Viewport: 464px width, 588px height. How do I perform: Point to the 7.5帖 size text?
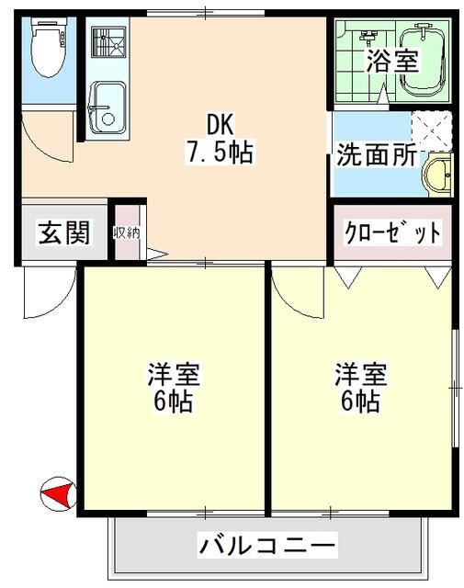(220, 153)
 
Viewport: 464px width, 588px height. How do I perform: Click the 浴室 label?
(392, 62)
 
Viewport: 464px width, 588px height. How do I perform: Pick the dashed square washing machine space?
(431, 130)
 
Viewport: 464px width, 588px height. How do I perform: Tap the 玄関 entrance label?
(64, 233)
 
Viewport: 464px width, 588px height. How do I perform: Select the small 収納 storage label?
(126, 232)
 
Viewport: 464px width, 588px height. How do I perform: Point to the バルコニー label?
(267, 545)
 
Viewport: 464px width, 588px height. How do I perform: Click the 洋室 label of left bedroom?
(174, 374)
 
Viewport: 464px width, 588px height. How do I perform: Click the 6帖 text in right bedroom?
(359, 401)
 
